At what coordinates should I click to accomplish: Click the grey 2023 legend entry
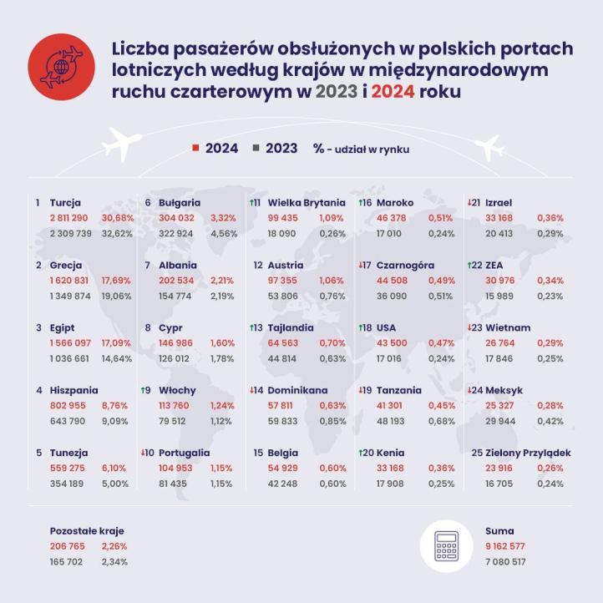tap(276, 149)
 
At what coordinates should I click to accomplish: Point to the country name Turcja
tap(65, 202)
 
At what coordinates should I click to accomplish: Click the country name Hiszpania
tap(73, 390)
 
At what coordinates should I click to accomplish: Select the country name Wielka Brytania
tap(306, 202)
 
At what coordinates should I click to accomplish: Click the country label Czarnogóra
tap(405, 265)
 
